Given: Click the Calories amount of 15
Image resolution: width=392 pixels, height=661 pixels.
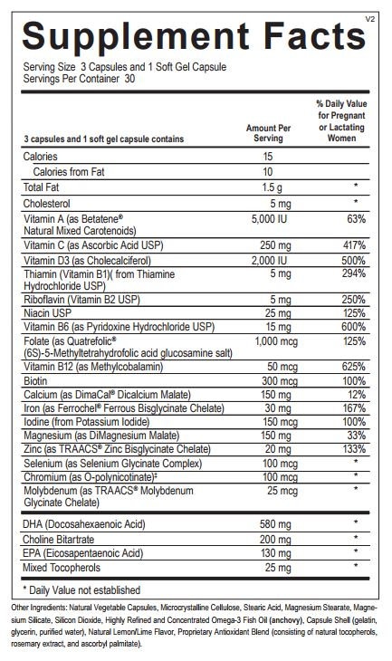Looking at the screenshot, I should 268,157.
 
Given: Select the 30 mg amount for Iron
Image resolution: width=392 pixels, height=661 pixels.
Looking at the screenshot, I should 268,408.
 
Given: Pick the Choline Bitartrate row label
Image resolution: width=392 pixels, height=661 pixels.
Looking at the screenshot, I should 62,538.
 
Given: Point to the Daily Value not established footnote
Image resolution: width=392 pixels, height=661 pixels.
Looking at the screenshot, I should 82,589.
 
